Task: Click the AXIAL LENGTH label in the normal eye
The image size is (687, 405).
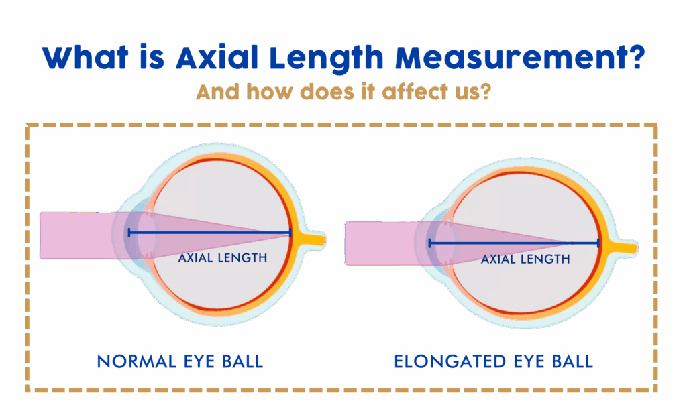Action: tap(223, 257)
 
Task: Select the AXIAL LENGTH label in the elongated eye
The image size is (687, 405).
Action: tap(525, 259)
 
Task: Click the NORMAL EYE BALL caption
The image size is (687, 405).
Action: tap(180, 362)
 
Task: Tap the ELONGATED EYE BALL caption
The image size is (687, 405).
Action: tap(493, 362)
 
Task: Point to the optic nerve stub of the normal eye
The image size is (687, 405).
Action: tap(315, 238)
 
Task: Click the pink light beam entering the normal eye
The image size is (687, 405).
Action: tap(74, 235)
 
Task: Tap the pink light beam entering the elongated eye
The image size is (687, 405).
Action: tap(376, 243)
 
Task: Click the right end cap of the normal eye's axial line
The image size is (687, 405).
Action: tap(290, 233)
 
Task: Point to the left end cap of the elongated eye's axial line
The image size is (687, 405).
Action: tap(429, 243)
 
